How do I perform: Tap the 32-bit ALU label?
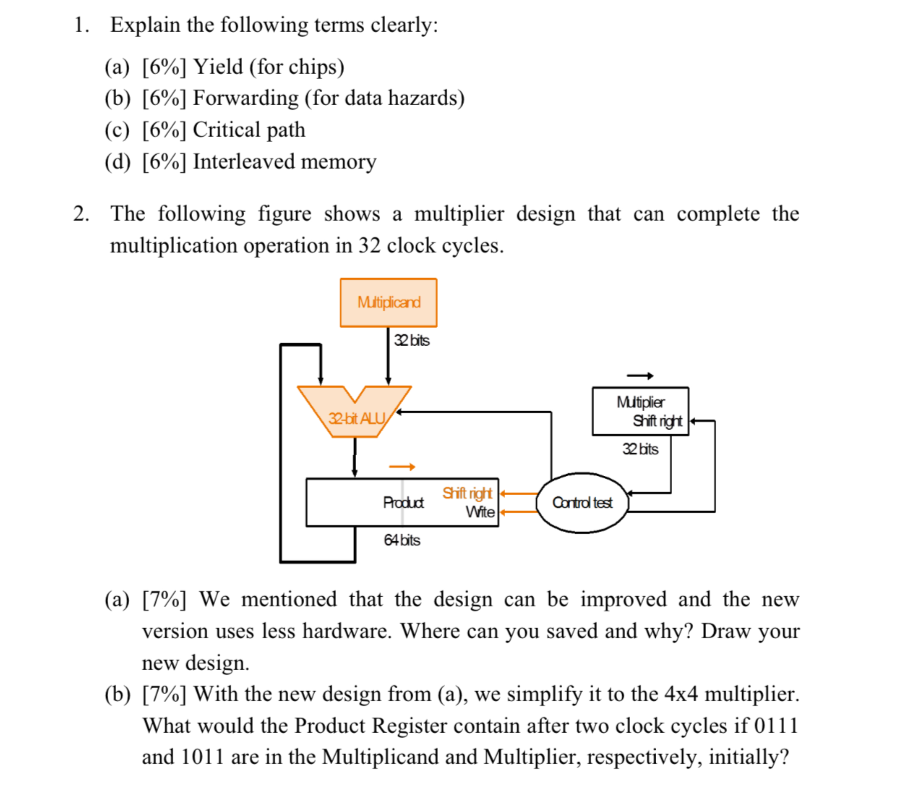357,418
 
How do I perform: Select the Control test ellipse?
582,503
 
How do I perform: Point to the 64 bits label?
402,540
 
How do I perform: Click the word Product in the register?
403,503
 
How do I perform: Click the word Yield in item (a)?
219,67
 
